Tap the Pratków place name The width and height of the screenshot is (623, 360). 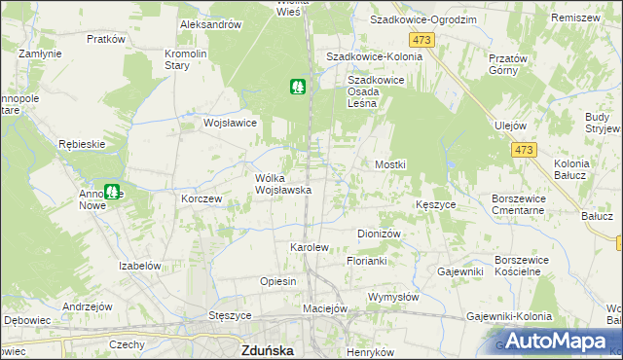tap(106, 39)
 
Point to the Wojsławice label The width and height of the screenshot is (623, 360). tap(229, 124)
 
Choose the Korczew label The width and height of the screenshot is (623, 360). tap(202, 198)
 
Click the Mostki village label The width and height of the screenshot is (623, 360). tap(390, 165)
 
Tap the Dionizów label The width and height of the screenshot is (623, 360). tap(380, 234)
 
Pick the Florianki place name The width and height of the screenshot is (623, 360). tap(367, 262)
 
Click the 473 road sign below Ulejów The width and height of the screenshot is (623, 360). tap(524, 150)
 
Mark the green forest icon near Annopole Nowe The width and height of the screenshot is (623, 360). tap(114, 193)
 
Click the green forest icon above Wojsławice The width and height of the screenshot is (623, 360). tap(298, 87)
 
